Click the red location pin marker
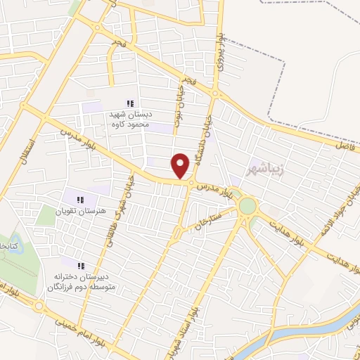(181, 166)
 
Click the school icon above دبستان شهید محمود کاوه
(129, 103)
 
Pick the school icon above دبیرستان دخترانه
(80, 266)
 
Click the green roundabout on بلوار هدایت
(247, 206)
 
